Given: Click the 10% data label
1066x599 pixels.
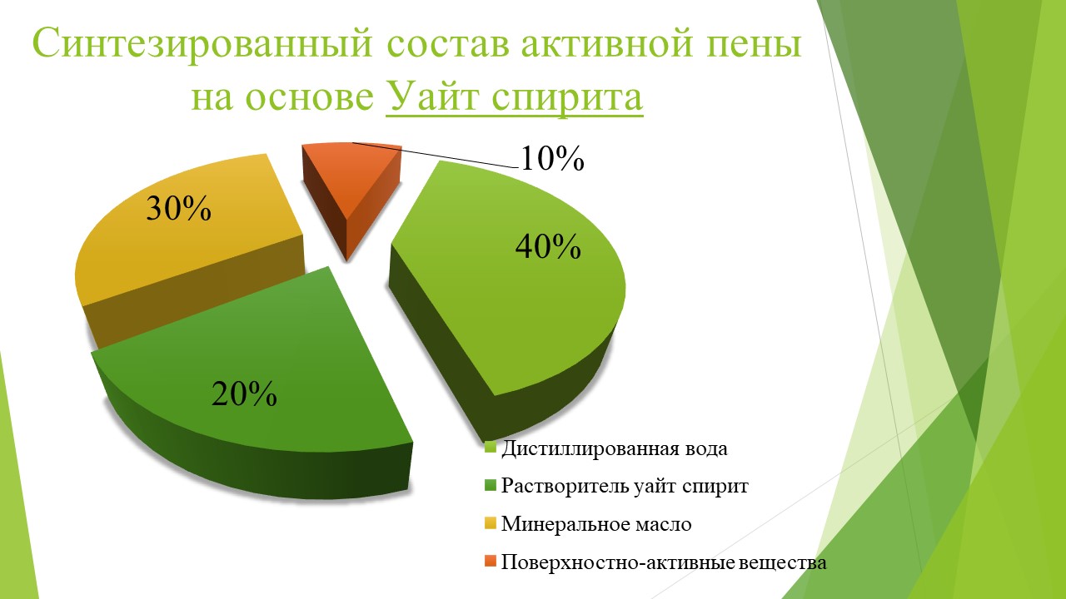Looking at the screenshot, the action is pyautogui.click(x=552, y=158).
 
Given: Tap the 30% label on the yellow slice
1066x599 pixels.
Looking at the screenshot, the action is pyautogui.click(x=178, y=208).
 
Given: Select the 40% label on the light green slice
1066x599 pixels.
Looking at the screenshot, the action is pyautogui.click(x=548, y=246).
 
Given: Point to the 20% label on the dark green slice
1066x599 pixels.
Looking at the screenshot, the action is pyautogui.click(x=244, y=394).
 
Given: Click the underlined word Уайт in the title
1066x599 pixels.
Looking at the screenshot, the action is pyautogui.click(x=435, y=97).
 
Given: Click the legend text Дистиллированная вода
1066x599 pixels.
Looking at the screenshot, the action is pyautogui.click(x=615, y=448).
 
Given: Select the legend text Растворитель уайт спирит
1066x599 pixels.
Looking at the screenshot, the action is pyautogui.click(x=625, y=486).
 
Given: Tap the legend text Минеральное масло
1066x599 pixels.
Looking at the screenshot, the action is pyautogui.click(x=596, y=524).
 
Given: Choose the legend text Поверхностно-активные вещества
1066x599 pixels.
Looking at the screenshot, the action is pyautogui.click(x=664, y=562).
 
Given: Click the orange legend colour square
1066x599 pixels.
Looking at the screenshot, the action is pyautogui.click(x=491, y=562).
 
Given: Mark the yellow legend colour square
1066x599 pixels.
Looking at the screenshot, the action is pyautogui.click(x=491, y=523).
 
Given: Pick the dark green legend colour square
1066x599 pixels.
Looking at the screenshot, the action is pyautogui.click(x=491, y=485).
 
